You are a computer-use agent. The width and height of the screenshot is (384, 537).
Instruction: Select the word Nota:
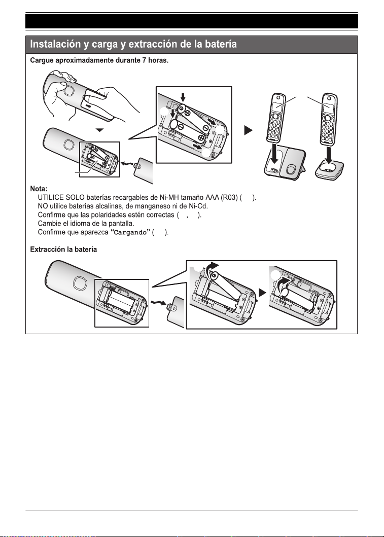[39, 189]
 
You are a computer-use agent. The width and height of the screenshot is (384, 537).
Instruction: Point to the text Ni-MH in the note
[168, 198]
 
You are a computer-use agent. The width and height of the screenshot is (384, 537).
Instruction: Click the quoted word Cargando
[130, 233]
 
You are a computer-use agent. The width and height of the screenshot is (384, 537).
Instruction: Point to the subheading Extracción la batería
[63, 249]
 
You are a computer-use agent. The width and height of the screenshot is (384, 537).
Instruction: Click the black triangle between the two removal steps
[262, 293]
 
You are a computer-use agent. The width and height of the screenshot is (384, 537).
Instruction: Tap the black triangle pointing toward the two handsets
[249, 130]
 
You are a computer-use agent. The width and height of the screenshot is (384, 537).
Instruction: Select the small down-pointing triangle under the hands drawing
[99, 130]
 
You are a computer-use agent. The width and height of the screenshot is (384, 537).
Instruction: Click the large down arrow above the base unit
[274, 154]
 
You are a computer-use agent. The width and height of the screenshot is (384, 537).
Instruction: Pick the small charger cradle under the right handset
[329, 170]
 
